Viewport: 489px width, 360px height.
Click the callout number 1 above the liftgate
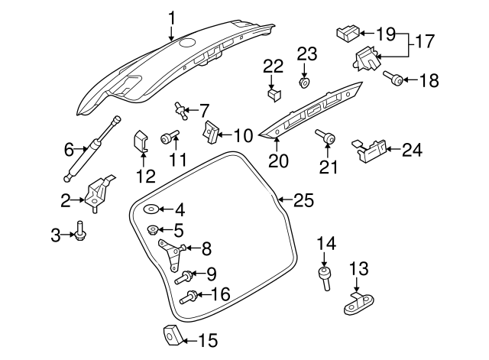[x=172, y=17]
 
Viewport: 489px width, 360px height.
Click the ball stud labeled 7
[x=182, y=110]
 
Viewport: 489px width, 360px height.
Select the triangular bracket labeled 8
[x=173, y=255]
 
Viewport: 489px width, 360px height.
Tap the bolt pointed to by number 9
[x=185, y=277]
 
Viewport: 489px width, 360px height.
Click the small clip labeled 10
[x=209, y=132]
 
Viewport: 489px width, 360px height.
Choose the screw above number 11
[x=168, y=138]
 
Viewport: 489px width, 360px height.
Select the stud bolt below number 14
[x=326, y=277]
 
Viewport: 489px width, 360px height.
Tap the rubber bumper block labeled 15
[x=172, y=336]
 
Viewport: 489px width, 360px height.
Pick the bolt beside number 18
[x=391, y=78]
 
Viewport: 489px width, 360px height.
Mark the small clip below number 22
[x=274, y=94]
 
